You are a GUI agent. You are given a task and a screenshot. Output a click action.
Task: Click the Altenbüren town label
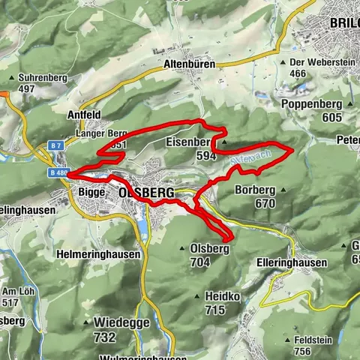pyautogui.click(x=189, y=65)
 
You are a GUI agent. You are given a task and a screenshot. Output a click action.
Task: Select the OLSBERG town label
pyautogui.click(x=146, y=193)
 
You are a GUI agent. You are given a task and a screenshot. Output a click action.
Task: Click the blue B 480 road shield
pyautogui.click(x=58, y=172)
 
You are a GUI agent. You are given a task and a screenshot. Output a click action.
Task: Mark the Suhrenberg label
pyautogui.click(x=38, y=77)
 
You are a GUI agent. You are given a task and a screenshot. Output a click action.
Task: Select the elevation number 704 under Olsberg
pyautogui.click(x=199, y=262)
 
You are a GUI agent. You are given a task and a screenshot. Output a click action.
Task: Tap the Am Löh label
pyautogui.click(x=17, y=292)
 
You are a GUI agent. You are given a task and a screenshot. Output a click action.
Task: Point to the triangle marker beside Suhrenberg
pyautogui.click(x=13, y=77)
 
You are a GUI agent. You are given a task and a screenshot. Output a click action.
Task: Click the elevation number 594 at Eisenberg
pyautogui.click(x=206, y=155)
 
